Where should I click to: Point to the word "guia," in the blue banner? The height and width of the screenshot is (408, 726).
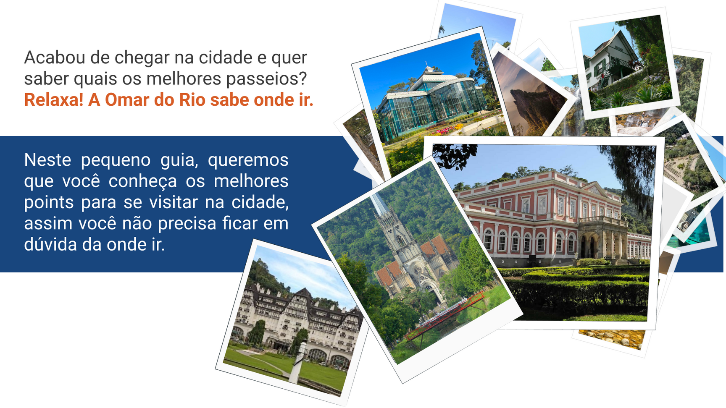point(179,160)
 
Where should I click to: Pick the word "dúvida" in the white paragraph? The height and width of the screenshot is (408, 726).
point(50,244)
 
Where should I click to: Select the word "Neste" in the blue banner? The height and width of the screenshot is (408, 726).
point(47,160)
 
